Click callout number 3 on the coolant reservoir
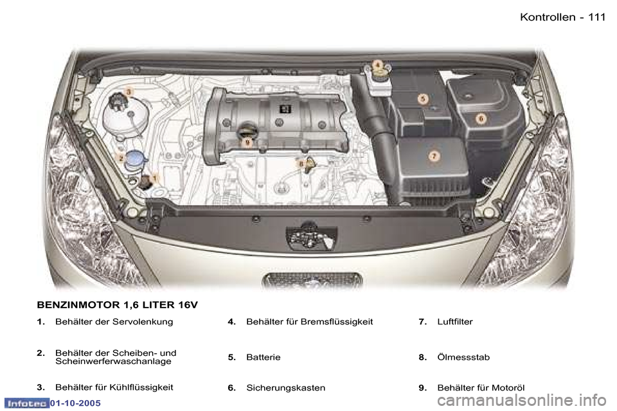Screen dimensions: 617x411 [129, 92]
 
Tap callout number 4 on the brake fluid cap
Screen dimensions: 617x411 [377, 65]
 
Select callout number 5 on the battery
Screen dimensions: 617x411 [423, 99]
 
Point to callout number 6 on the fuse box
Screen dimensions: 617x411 [481, 118]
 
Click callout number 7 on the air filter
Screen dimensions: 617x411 [434, 156]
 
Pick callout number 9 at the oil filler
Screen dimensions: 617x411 [247, 143]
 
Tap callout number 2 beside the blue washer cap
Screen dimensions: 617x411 [121, 158]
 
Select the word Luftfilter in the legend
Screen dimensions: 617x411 [455, 322]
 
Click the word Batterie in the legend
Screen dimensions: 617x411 [264, 358]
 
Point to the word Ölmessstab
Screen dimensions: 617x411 [463, 357]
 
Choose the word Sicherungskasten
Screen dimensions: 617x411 [285, 388]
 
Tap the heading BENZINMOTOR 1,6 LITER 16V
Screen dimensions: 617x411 [117, 305]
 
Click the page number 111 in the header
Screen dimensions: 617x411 [596, 17]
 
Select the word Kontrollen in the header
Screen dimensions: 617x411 [548, 17]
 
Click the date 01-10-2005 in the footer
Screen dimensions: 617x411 [76, 403]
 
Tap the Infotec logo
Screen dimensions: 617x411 [27, 403]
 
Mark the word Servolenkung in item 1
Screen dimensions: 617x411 [143, 322]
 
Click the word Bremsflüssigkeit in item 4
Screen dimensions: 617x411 [337, 322]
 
